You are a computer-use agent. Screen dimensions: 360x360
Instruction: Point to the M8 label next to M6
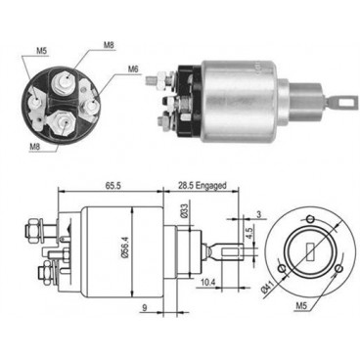pyautogui.click(x=109, y=44)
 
